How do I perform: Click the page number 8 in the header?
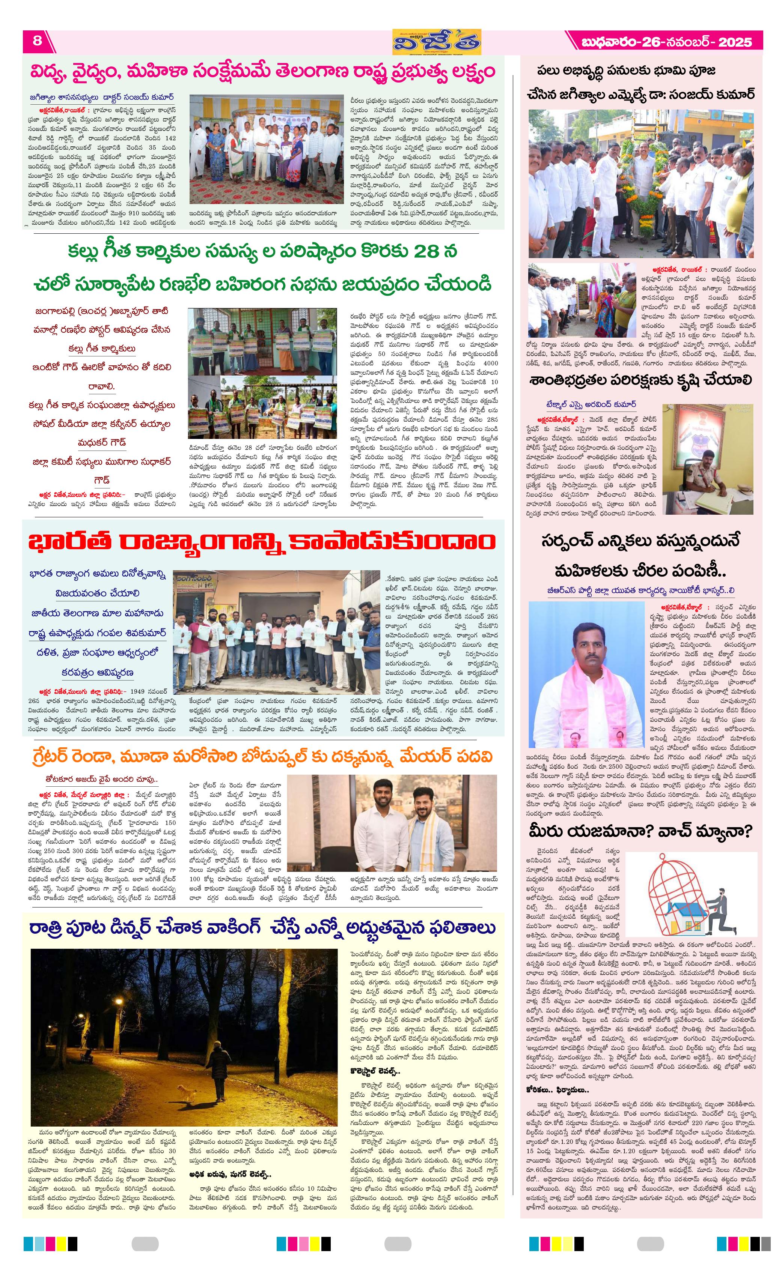click(x=37, y=41)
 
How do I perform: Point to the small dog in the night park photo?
click(x=184, y=1091)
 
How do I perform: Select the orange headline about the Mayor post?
click(x=261, y=756)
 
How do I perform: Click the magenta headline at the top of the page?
click(x=262, y=72)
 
